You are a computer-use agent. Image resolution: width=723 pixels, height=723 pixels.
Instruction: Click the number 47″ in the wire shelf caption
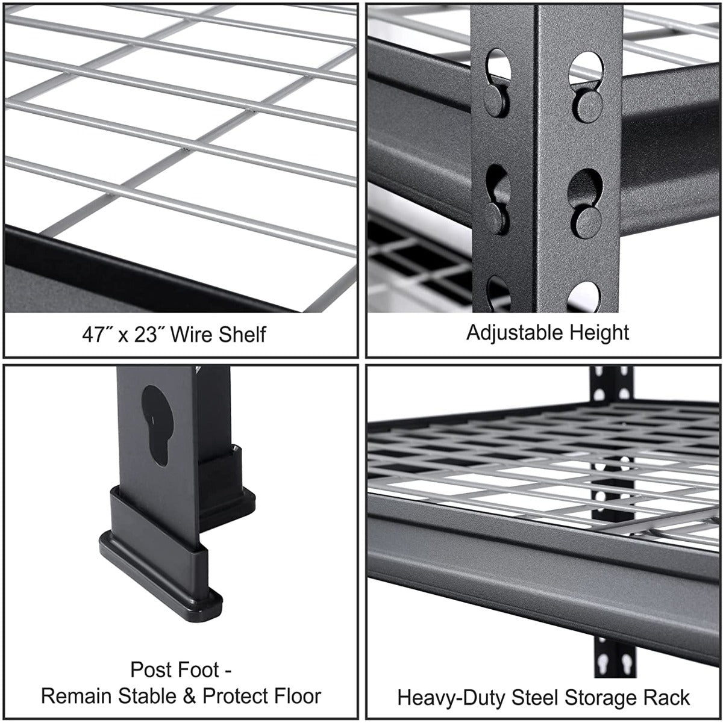coord(95,334)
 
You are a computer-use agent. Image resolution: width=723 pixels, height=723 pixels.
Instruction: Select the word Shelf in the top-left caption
coord(241,334)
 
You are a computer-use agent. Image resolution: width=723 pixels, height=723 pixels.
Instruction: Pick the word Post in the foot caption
coord(150,669)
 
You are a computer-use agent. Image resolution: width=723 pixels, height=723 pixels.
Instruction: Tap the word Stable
coord(146,697)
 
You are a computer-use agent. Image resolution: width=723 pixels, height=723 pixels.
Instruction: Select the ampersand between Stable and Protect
coord(189,697)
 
